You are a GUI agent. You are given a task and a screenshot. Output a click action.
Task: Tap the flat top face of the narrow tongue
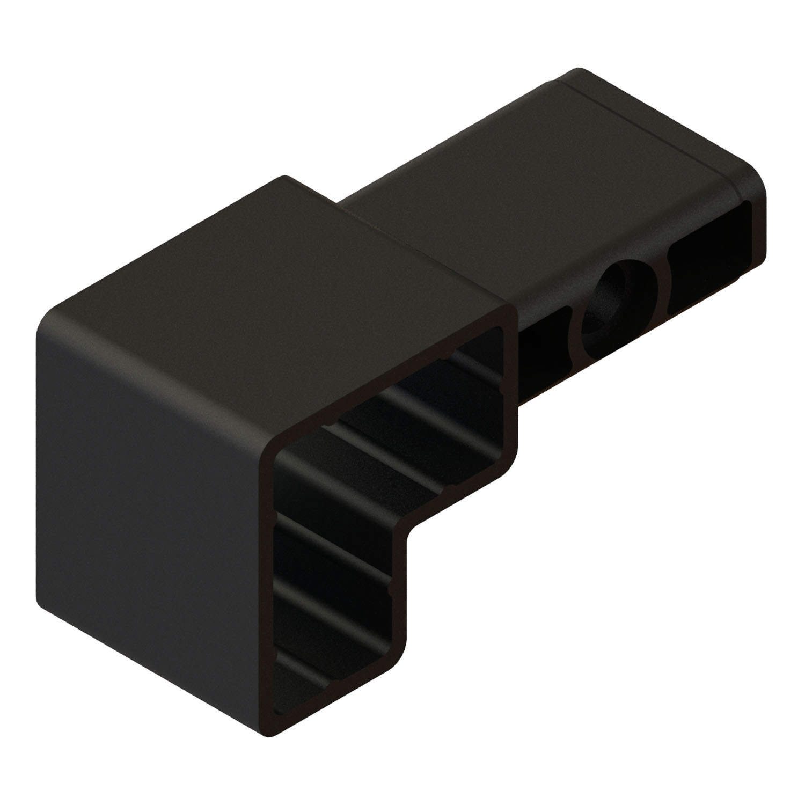(x=537, y=177)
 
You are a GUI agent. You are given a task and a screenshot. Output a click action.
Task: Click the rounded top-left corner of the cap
(x=46, y=325)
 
